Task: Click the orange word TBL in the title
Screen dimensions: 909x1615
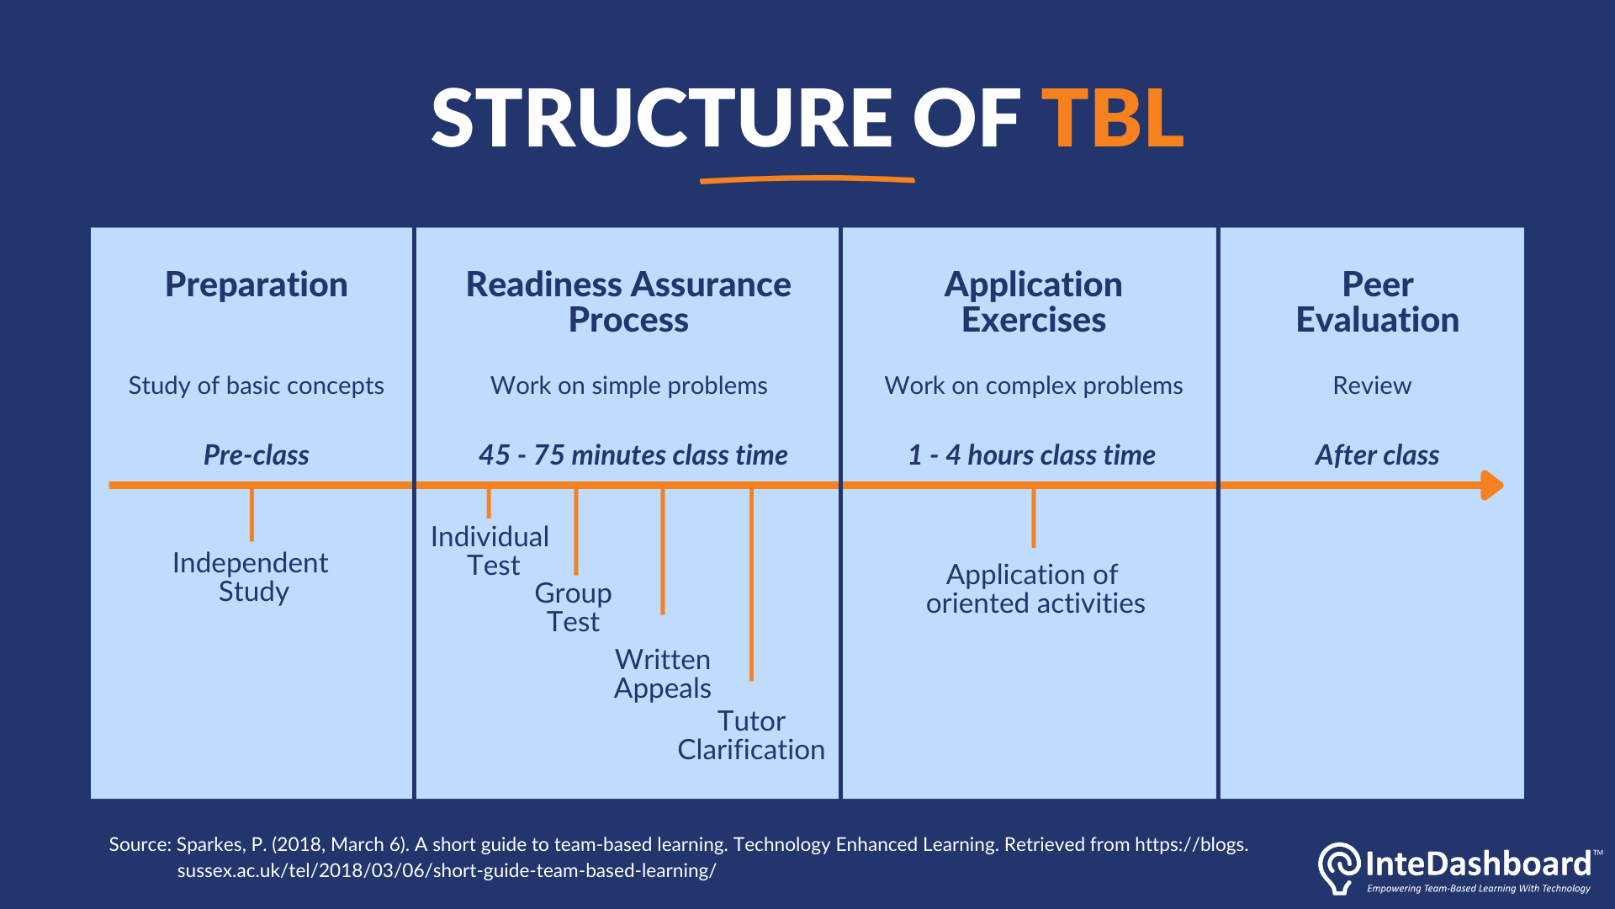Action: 1112,119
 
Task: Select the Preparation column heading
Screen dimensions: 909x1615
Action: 256,284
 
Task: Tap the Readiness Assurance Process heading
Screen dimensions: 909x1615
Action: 628,302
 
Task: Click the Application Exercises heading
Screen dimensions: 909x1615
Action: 1033,302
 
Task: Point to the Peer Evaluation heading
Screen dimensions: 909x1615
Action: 1377,302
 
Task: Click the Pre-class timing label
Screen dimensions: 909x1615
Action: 256,455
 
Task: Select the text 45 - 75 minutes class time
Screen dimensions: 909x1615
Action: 633,455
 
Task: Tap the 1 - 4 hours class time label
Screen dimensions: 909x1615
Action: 1031,455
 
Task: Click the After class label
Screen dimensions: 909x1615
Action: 1377,455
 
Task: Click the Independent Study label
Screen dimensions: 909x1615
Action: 251,577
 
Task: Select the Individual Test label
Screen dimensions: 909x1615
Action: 490,550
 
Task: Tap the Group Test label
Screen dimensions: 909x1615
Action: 573,607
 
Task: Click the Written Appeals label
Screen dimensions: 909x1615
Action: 663,673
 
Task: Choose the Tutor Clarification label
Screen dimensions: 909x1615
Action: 751,735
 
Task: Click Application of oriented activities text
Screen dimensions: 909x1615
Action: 1034,589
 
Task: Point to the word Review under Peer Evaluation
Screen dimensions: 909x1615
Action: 1372,385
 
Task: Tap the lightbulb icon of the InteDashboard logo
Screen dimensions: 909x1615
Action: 1338,868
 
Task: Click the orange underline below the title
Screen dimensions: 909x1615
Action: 807,179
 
